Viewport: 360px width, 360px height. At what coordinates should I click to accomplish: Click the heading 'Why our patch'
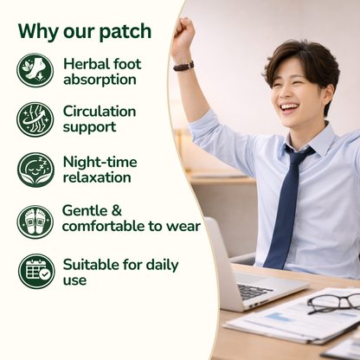(84, 31)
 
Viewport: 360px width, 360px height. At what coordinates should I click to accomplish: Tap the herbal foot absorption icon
(35, 71)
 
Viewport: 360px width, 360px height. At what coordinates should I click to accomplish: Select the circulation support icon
(35, 119)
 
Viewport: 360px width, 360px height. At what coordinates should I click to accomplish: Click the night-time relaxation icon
(35, 170)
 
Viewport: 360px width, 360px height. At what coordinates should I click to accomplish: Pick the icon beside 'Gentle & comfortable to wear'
(35, 222)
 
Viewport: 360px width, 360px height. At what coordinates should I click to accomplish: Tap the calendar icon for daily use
(35, 271)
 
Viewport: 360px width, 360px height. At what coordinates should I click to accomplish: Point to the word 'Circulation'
(100, 112)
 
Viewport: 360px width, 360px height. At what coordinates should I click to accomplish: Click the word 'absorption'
(99, 80)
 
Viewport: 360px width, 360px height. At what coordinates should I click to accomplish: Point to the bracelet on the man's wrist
(183, 66)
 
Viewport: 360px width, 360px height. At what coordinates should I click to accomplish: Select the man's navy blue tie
(286, 208)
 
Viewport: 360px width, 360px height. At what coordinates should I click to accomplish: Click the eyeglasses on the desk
(333, 301)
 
